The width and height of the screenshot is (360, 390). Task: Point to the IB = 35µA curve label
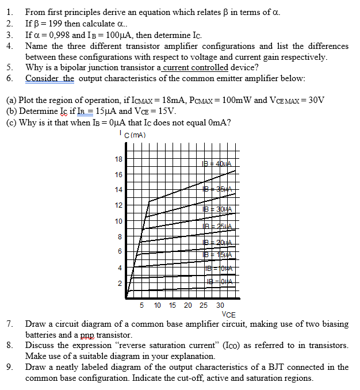pyautogui.click(x=218, y=189)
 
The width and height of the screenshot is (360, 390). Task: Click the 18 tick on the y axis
pyautogui.click(x=118, y=159)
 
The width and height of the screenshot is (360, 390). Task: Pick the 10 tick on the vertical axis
pyautogui.click(x=118, y=221)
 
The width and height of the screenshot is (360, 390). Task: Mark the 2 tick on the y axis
pyautogui.click(x=120, y=284)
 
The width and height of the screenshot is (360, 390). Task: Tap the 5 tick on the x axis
pyautogui.click(x=142, y=305)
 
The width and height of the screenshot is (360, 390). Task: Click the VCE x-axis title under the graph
pyautogui.click(x=228, y=314)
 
